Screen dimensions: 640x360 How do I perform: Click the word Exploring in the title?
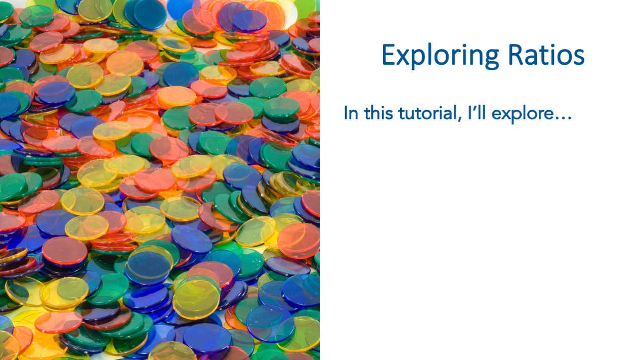(440, 56)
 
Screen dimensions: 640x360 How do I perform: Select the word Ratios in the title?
(546, 55)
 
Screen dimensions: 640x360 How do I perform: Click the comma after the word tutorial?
(460, 119)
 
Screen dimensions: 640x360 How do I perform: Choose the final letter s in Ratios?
(579, 58)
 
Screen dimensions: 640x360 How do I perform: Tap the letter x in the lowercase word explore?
(505, 115)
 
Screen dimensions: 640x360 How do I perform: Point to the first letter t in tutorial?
(401, 114)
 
